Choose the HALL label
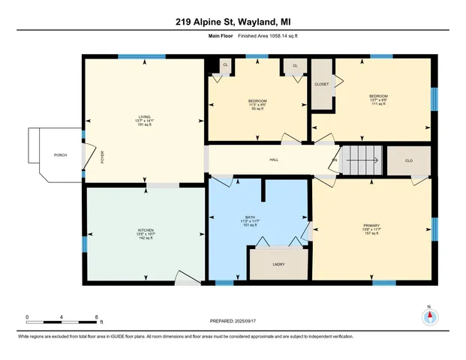point(275,160)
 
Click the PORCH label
point(60,154)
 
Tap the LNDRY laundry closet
point(278,265)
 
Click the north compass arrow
point(430,316)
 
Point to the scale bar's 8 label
point(95,317)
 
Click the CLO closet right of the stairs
point(408,160)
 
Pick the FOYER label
point(103,157)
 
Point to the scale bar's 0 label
point(27,317)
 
